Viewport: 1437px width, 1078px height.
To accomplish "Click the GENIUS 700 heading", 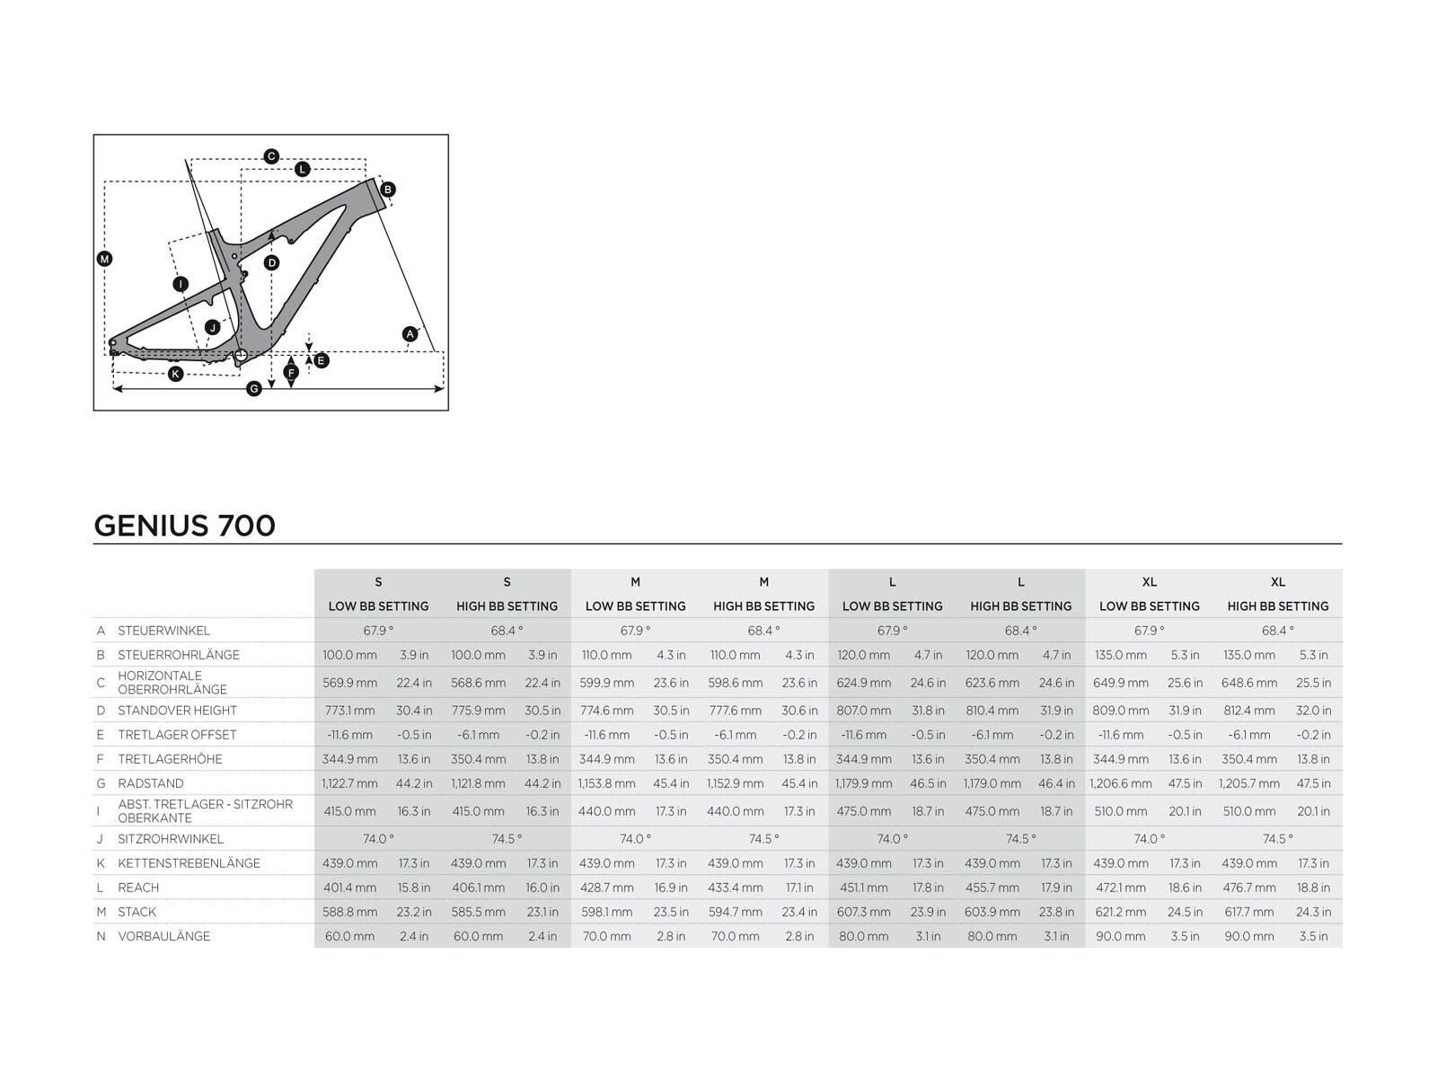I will click(184, 526).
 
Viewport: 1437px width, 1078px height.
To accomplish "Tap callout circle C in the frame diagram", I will click(271, 156).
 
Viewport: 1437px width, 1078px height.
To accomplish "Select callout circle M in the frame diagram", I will click(105, 260).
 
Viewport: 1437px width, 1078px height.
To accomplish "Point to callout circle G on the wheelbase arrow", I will click(254, 388).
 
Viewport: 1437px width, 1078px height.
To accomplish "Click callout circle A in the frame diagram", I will click(410, 334).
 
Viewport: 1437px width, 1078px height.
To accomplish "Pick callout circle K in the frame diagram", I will click(176, 374).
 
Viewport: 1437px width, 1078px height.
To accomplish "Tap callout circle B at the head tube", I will click(388, 190).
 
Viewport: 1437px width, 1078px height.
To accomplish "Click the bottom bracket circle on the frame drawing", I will click(241, 356).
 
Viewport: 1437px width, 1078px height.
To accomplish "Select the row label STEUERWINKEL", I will click(163, 631).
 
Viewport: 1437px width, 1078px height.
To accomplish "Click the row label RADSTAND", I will click(150, 783).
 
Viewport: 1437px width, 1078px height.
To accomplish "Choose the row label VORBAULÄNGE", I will click(163, 936).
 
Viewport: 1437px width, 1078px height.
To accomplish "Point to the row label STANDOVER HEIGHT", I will click(177, 711).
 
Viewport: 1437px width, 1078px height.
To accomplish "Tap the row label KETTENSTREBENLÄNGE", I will click(189, 863).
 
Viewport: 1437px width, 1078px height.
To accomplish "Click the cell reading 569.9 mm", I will click(349, 683).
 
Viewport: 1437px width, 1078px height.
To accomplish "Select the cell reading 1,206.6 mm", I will click(1121, 783).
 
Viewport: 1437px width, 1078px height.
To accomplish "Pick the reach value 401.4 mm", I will click(349, 888).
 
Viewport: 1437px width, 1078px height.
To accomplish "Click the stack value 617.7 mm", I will click(1248, 912).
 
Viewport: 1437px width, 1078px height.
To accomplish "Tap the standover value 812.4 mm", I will click(1248, 711).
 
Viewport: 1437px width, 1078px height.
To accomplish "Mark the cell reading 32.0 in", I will click(1313, 711).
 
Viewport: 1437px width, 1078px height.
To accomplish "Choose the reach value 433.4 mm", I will click(735, 888).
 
